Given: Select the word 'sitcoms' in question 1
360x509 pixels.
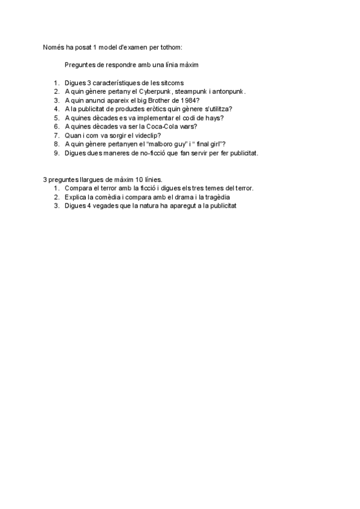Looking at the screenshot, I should (x=170, y=82).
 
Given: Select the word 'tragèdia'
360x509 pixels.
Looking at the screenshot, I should (x=216, y=197).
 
